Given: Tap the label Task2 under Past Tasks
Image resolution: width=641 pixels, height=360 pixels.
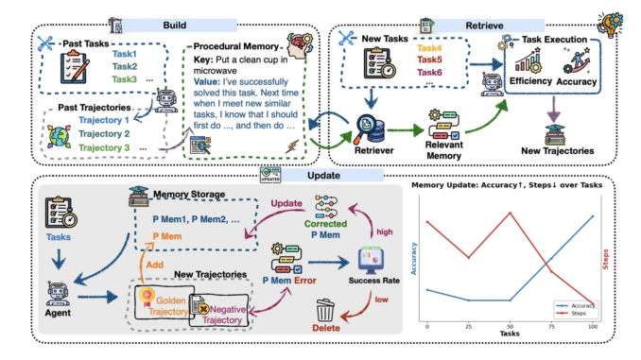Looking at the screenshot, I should pyautogui.click(x=127, y=66).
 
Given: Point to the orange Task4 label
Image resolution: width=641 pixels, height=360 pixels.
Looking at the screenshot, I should pyautogui.click(x=428, y=47).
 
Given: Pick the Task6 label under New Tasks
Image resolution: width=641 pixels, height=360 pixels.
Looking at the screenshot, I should pyautogui.click(x=428, y=73).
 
